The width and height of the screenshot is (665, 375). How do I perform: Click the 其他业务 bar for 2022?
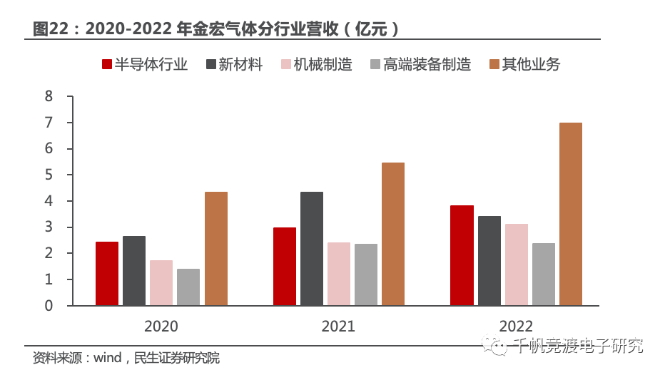pyautogui.click(x=571, y=214)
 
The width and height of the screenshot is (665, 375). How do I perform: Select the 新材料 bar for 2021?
pyautogui.click(x=312, y=249)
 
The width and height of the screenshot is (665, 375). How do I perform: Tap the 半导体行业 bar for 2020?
pyautogui.click(x=107, y=274)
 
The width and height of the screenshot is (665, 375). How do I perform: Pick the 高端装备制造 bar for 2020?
pyautogui.click(x=188, y=287)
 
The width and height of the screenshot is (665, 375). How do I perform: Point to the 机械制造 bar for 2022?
pyautogui.click(x=517, y=264)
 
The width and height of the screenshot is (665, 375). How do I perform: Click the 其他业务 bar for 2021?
pyautogui.click(x=393, y=234)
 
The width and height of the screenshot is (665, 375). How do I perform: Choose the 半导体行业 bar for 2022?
pyautogui.click(x=462, y=255)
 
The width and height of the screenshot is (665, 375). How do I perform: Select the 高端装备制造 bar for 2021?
pyautogui.click(x=366, y=274)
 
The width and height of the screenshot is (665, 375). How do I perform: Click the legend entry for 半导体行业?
pyautogui.click(x=145, y=65)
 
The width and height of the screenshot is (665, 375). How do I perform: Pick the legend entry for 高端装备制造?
pyautogui.click(x=420, y=65)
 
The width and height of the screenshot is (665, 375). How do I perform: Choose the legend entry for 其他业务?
pyautogui.click(x=524, y=65)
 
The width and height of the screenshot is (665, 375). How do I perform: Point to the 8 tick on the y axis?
pyautogui.click(x=49, y=97)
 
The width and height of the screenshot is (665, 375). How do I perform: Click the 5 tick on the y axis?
pyautogui.click(x=49, y=175)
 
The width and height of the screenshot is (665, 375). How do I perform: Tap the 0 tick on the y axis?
pyautogui.click(x=49, y=306)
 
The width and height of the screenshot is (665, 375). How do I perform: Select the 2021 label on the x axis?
pyautogui.click(x=338, y=327)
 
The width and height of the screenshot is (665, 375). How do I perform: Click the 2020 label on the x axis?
pyautogui.click(x=161, y=327)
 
